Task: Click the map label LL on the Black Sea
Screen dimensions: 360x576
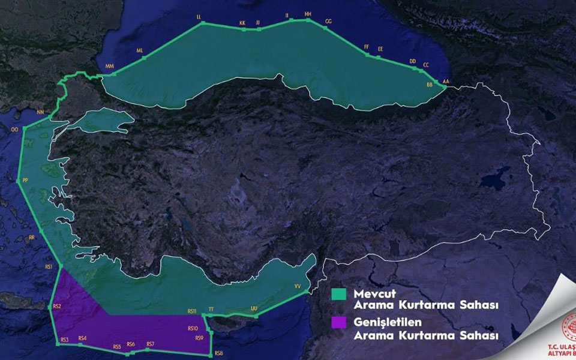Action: (199, 17)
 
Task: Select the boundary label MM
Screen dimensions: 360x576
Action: (109, 66)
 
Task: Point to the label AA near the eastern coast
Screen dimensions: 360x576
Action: (445, 81)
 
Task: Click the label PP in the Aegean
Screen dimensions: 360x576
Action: (25, 181)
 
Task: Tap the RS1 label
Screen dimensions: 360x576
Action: (49, 266)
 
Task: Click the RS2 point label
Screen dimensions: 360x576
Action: (57, 307)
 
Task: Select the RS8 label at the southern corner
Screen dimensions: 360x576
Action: (218, 353)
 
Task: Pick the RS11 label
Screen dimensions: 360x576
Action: (192, 311)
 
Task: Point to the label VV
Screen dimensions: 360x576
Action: (297, 287)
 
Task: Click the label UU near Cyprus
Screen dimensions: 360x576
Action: (254, 308)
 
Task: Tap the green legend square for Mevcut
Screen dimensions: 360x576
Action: (340, 294)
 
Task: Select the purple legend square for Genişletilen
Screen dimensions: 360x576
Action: (340, 322)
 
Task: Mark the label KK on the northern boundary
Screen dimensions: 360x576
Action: (242, 23)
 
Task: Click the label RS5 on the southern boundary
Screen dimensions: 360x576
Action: (117, 347)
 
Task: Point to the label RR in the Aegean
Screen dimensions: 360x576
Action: (32, 238)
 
